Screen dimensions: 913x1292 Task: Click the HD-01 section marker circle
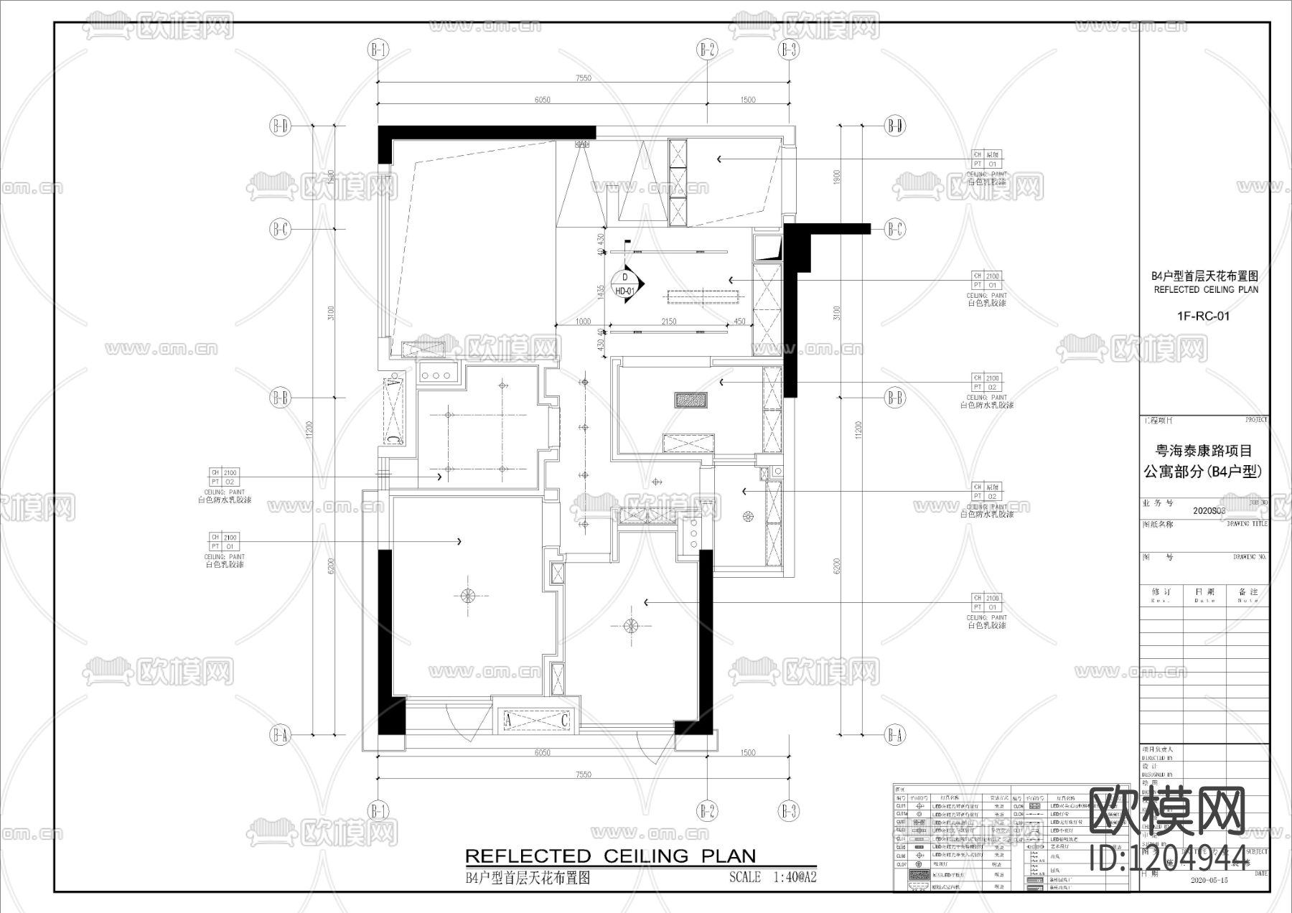(x=624, y=285)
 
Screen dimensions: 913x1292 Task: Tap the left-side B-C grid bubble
(x=279, y=230)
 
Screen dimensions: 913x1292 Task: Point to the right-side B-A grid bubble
(x=894, y=734)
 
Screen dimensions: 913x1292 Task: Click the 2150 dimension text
(x=668, y=322)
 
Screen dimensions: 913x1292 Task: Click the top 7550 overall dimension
(x=583, y=78)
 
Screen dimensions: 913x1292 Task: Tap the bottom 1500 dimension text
(x=747, y=753)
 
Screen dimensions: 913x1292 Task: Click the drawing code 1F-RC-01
(x=1204, y=315)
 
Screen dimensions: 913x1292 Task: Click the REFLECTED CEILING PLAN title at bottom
(x=610, y=856)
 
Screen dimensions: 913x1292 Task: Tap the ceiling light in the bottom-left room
(x=467, y=594)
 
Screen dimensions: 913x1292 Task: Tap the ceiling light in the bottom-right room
(x=629, y=626)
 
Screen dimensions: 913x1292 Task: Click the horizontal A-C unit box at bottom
(x=536, y=720)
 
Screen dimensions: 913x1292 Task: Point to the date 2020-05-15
(x=1209, y=879)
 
